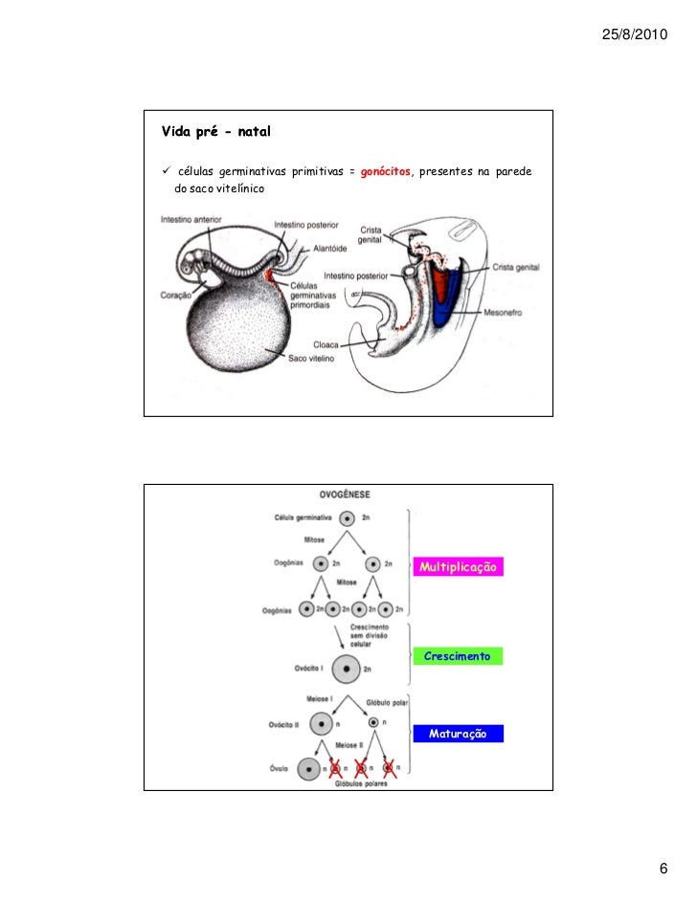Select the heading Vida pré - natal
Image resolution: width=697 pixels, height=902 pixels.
point(206,128)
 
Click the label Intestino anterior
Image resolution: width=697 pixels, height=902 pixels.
point(191,218)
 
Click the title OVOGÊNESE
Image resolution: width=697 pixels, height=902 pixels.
point(347,495)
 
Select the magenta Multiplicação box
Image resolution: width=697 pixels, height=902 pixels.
point(457,568)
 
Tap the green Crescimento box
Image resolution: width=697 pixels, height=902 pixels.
point(457,657)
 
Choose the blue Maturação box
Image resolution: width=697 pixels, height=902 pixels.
point(457,734)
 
